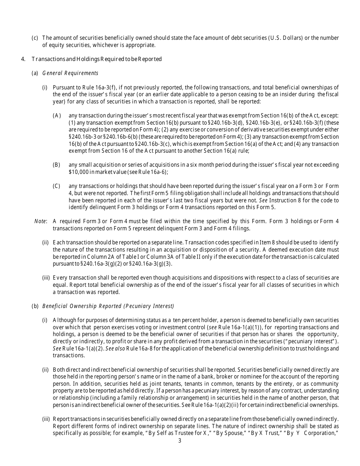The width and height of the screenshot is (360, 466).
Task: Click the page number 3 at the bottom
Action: [180, 441]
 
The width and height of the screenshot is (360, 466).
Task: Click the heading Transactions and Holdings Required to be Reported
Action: [97, 59]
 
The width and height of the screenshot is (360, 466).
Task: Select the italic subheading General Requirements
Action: [70, 73]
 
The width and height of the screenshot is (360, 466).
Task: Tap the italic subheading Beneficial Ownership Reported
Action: [108, 306]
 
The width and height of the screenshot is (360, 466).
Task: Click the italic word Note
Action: [40, 221]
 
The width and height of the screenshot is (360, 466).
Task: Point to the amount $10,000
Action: [78, 172]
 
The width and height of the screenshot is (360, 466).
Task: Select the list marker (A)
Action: [57, 115]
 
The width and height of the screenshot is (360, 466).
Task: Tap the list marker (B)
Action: [56, 165]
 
